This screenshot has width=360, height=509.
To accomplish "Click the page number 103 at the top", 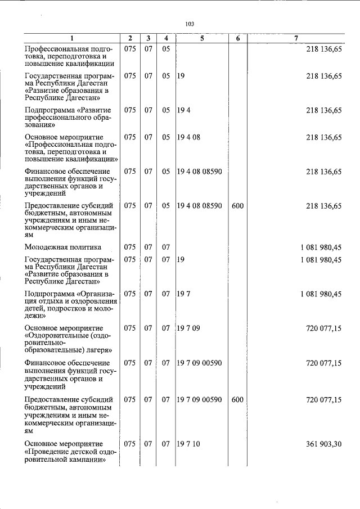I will coord(190,24).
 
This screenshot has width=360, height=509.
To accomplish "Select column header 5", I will coord(201,38).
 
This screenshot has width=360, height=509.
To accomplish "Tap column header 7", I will coord(296,38).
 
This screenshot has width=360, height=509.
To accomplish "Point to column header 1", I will coord(71,38).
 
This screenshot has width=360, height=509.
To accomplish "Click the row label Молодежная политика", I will coord(63,246).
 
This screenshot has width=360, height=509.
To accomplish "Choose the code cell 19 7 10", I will coord(188,444).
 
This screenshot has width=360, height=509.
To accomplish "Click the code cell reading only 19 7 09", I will coord(188,327).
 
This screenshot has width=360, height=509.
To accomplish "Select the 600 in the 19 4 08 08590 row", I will coord(237,206).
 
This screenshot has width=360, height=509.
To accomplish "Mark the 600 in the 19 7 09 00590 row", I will coord(237,400).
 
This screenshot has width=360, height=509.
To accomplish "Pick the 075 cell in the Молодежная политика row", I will coord(130,246).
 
